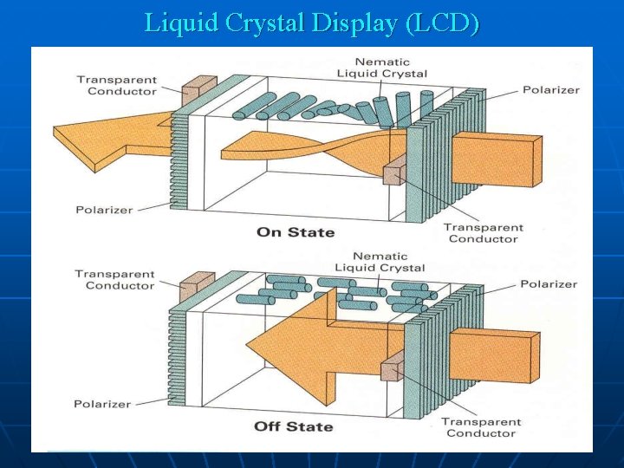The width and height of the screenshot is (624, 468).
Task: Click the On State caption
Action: [x=296, y=232]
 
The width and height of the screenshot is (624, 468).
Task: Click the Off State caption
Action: [x=294, y=426]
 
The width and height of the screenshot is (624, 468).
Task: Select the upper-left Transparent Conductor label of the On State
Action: [x=116, y=86]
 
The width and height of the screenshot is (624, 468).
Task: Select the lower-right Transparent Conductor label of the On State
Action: [x=483, y=233]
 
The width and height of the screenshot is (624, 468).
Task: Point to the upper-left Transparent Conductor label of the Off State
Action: [x=114, y=280]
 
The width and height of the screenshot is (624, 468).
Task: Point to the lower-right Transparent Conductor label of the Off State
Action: [x=481, y=427]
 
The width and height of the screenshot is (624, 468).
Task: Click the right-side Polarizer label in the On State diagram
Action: [x=551, y=90]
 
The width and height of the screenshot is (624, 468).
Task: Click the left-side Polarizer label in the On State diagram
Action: [x=104, y=210]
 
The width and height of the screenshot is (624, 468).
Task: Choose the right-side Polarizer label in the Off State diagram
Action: [x=549, y=284]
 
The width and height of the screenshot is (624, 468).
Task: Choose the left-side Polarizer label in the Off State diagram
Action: [x=102, y=404]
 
